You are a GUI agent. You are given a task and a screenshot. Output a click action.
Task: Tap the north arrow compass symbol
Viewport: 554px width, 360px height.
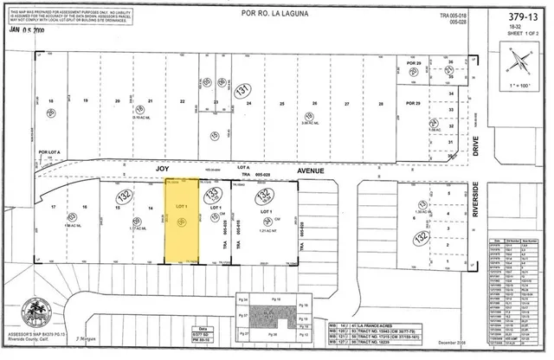(x=519, y=61)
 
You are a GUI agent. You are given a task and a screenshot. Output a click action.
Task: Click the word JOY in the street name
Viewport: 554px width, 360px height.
(x=161, y=171)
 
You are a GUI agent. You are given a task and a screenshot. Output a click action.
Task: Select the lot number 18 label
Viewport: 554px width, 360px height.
(x=51, y=102)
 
